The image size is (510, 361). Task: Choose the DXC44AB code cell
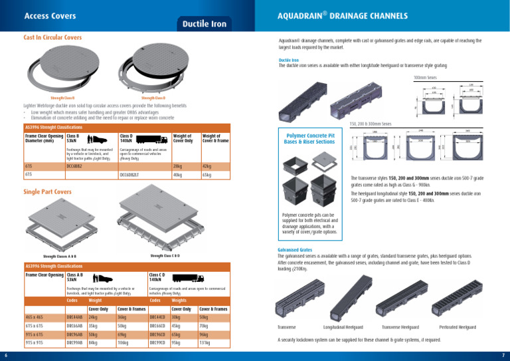pos(75,317)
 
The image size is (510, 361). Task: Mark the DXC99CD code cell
pos(159,343)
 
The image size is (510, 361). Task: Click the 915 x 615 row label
pos(35,334)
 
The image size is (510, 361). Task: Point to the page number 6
pos(5,354)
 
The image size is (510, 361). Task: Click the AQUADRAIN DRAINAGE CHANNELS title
pos(387,15)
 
